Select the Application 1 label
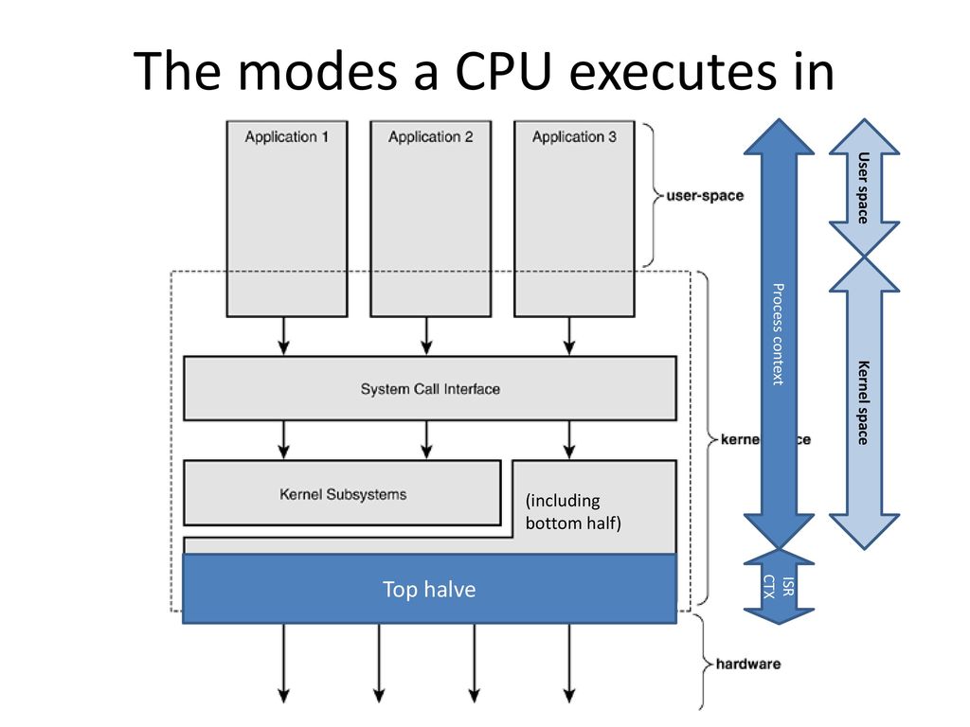tap(287, 137)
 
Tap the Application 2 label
tap(430, 137)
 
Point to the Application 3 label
tap(574, 137)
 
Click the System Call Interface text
tap(430, 389)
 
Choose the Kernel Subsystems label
tap(343, 493)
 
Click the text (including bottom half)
tap(572, 511)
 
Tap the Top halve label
tap(429, 590)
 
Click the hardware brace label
tap(748, 665)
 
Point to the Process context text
tap(777, 333)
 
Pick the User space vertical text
tap(863, 186)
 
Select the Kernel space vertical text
tap(863, 401)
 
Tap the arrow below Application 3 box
tap(569, 337)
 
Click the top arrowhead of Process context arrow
tap(779, 137)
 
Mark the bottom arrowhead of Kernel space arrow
tap(863, 531)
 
